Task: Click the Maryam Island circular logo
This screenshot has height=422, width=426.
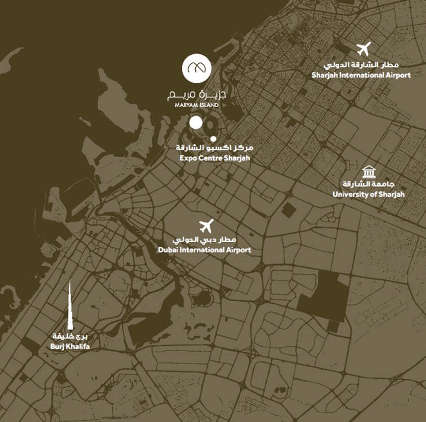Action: (x=196, y=68)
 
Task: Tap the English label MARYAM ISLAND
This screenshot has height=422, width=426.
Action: (x=196, y=105)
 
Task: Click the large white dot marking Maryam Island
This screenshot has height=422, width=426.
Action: (x=196, y=123)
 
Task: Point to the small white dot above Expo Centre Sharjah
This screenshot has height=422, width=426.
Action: (x=213, y=139)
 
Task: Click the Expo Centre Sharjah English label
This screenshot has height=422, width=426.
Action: (x=215, y=158)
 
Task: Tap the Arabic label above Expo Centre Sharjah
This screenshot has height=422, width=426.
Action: (x=215, y=148)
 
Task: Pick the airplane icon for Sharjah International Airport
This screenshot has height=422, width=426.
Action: (x=364, y=49)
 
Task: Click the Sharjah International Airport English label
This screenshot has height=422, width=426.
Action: (x=361, y=75)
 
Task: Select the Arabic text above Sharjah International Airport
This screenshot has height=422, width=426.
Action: (x=361, y=65)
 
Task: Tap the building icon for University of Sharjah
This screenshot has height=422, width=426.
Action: (x=369, y=172)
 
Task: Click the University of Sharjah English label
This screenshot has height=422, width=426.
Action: (x=368, y=194)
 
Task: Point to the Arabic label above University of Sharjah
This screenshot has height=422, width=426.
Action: (x=368, y=184)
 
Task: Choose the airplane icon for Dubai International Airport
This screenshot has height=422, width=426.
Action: (x=206, y=226)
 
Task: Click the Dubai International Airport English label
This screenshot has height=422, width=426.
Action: (x=204, y=250)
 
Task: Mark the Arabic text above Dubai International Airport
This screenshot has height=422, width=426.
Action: (x=204, y=240)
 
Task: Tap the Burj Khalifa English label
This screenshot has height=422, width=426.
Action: (x=70, y=347)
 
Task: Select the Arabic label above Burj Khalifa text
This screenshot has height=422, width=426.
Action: (x=70, y=336)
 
